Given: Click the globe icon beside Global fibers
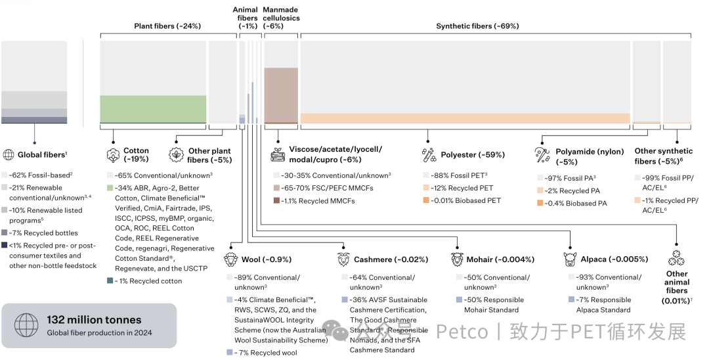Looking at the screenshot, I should [9, 155].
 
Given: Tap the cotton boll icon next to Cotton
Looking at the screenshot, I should [112, 155].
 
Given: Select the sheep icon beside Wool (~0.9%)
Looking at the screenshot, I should [230, 259].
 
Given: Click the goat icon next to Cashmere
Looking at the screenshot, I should [343, 259].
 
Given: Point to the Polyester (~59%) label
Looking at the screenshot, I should [472, 155].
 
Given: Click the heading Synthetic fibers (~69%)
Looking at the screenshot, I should [477, 26].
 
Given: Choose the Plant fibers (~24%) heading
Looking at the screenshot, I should [167, 26].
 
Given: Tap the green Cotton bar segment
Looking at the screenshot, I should [152, 109].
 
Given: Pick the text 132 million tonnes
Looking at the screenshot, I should [94, 320].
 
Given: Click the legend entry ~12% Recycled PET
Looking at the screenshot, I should [463, 189].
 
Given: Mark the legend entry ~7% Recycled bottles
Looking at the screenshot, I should [43, 233].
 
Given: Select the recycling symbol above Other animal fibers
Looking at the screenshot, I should [677, 257].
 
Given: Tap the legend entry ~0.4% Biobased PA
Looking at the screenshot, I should [575, 204].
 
